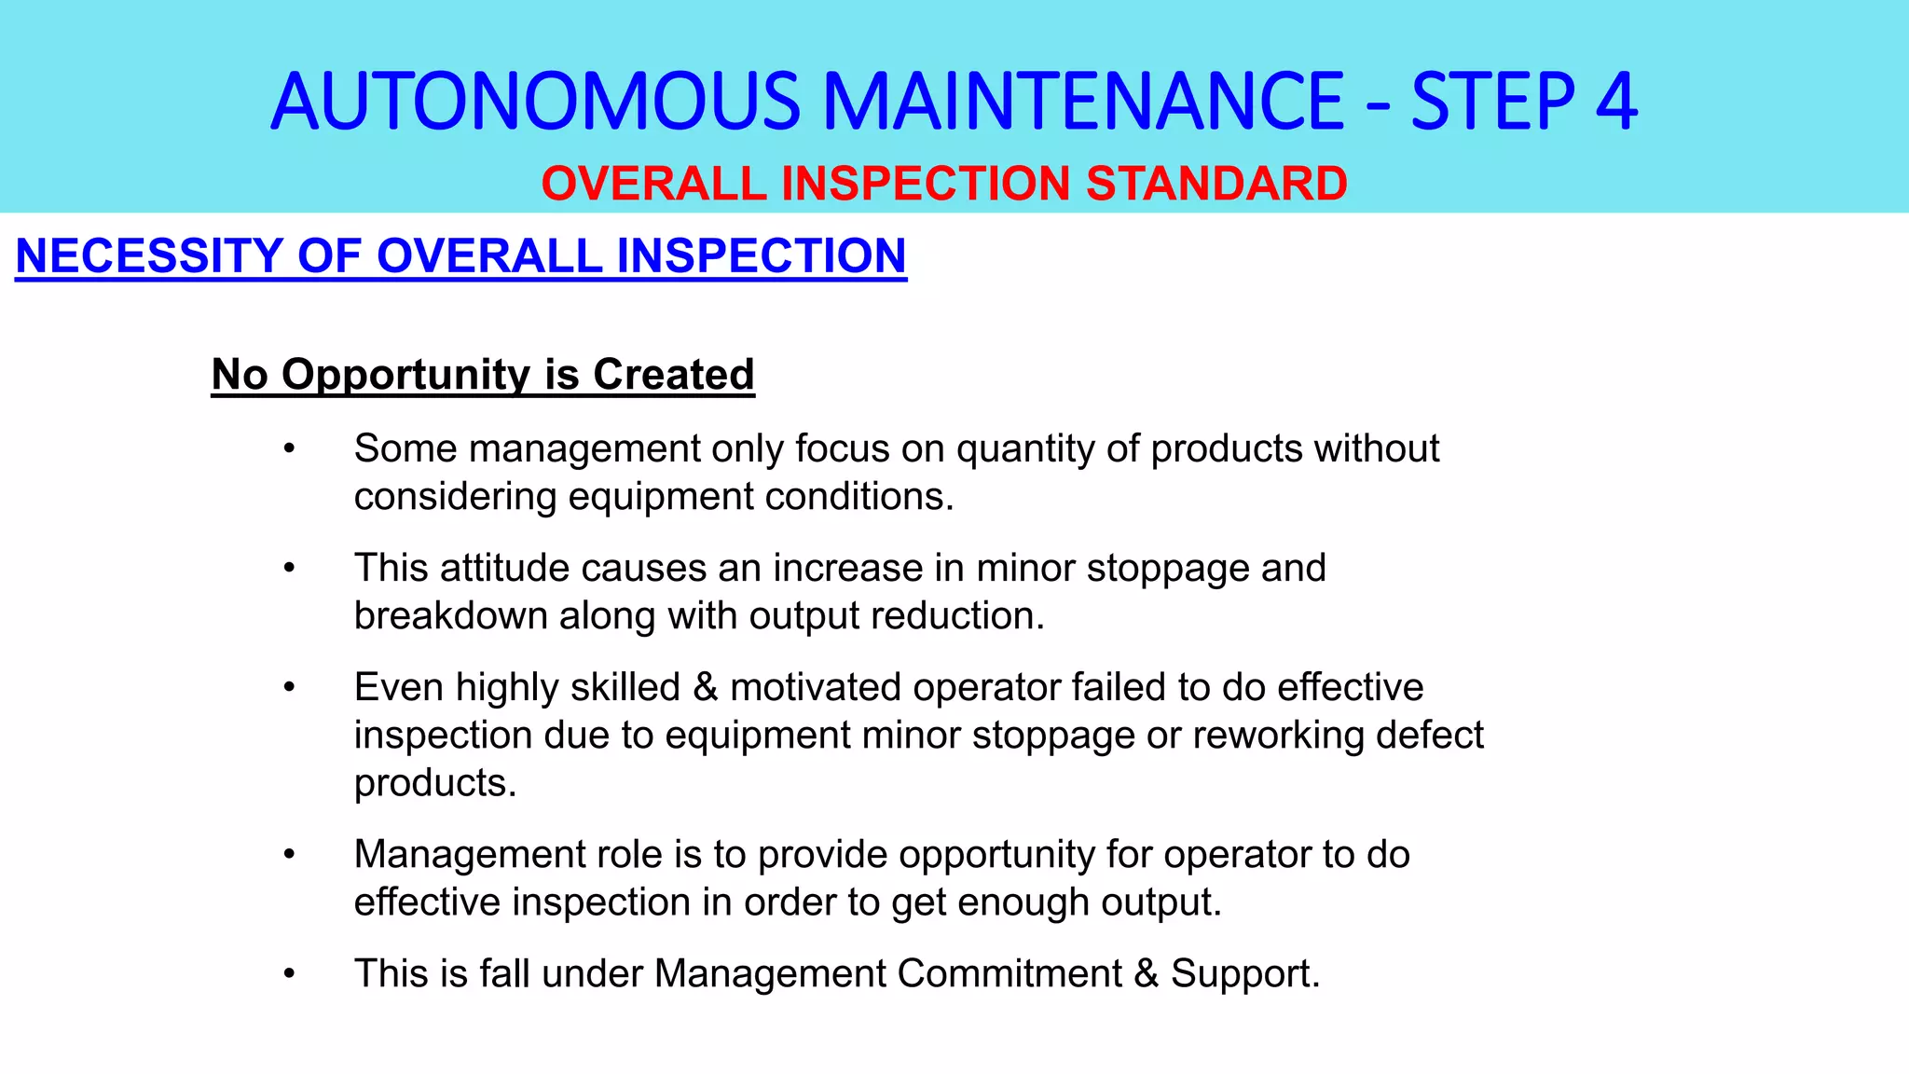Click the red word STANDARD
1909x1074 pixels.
[x=1216, y=184]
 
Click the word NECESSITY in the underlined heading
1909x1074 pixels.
[x=149, y=256]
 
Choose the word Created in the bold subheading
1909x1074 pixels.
[x=673, y=375]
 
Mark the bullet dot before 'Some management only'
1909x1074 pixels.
[x=290, y=448]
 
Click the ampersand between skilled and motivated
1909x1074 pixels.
[x=706, y=688]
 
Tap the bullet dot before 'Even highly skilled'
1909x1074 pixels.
[x=290, y=687]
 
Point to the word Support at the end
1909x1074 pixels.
[x=1243, y=974]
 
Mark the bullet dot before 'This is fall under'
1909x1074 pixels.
[x=290, y=973]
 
